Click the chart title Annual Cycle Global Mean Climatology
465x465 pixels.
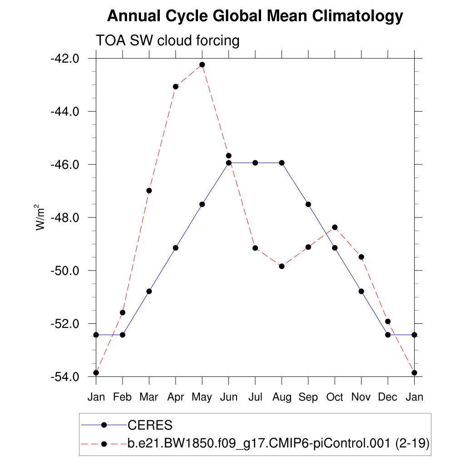pyautogui.click(x=255, y=16)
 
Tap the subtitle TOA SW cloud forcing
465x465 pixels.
pyautogui.click(x=167, y=41)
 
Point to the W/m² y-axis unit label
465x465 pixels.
pyautogui.click(x=41, y=217)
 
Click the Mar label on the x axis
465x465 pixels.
pyautogui.click(x=149, y=397)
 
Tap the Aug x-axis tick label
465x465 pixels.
pyautogui.click(x=282, y=397)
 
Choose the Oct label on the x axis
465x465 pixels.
pyautogui.click(x=335, y=397)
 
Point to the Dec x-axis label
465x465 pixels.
pyautogui.click(x=388, y=397)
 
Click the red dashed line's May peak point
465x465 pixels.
pyautogui.click(x=202, y=64)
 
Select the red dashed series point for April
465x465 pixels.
pyautogui.click(x=176, y=86)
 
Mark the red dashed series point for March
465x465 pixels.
pyautogui.click(x=149, y=190)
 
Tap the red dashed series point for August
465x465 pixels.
pyautogui.click(x=282, y=266)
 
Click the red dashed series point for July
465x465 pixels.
pyautogui.click(x=255, y=248)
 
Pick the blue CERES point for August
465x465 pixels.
pyautogui.click(x=282, y=163)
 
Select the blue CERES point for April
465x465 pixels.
pyautogui.click(x=176, y=247)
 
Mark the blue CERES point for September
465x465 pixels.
pyautogui.click(x=308, y=204)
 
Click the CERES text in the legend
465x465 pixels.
pyautogui.click(x=150, y=425)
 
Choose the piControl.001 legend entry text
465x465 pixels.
pyautogui.click(x=278, y=444)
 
